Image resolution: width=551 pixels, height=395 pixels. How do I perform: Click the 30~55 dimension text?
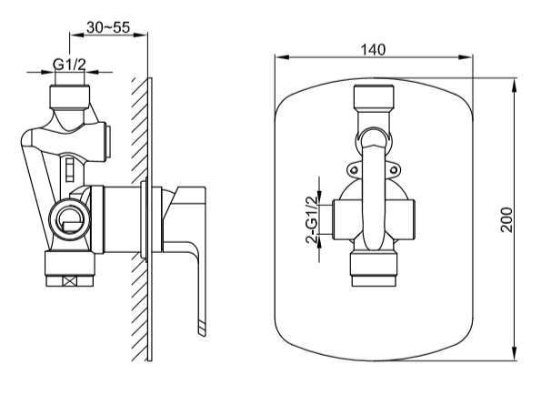click(114, 27)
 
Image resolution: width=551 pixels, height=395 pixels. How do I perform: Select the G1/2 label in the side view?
click(69, 64)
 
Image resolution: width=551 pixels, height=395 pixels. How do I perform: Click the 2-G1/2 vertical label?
click(311, 221)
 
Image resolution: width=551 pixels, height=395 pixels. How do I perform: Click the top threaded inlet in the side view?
click(70, 94)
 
